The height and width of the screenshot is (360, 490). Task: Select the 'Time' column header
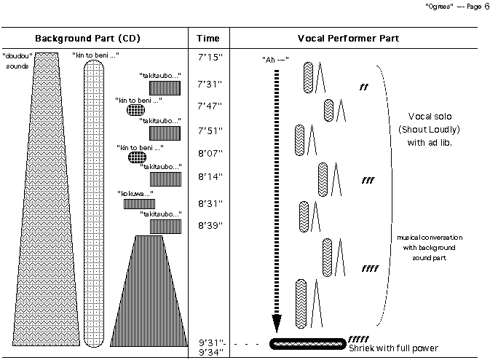tap(210, 38)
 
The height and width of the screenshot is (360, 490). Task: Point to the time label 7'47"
tap(210, 105)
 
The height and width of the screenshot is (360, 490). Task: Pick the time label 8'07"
tap(210, 154)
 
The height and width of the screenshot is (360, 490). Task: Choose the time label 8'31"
tap(210, 203)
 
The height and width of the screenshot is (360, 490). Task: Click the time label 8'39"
tap(210, 225)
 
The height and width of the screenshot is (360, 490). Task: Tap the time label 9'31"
tap(210, 342)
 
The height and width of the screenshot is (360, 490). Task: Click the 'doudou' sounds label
tap(16, 60)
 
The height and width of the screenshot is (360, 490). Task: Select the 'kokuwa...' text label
tap(137, 194)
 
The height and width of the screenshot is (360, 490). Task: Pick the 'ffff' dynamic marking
tap(369, 269)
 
